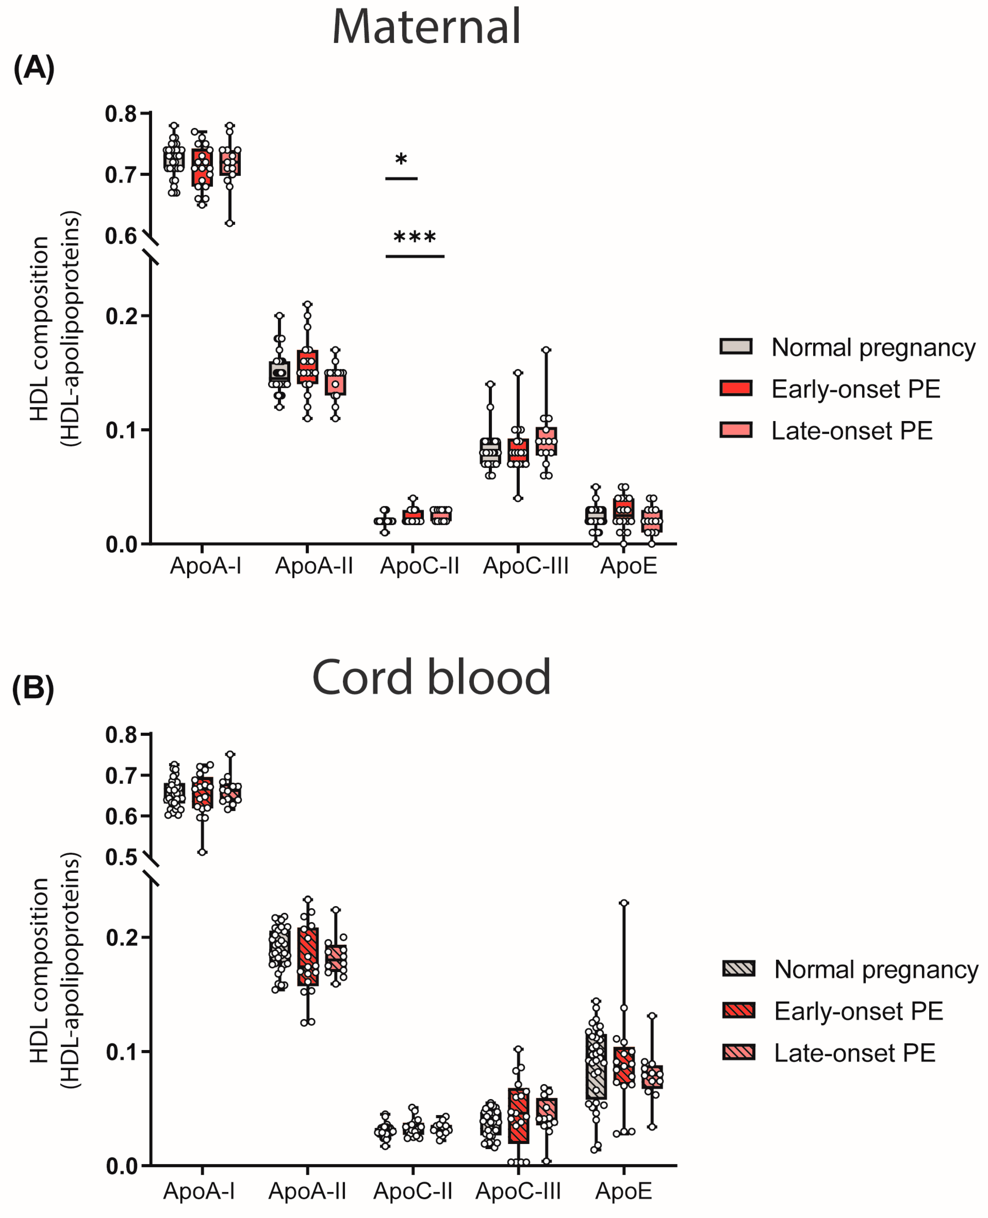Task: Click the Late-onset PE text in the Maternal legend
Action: coord(851,431)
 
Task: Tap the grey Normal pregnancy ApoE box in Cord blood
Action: coord(596,1067)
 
